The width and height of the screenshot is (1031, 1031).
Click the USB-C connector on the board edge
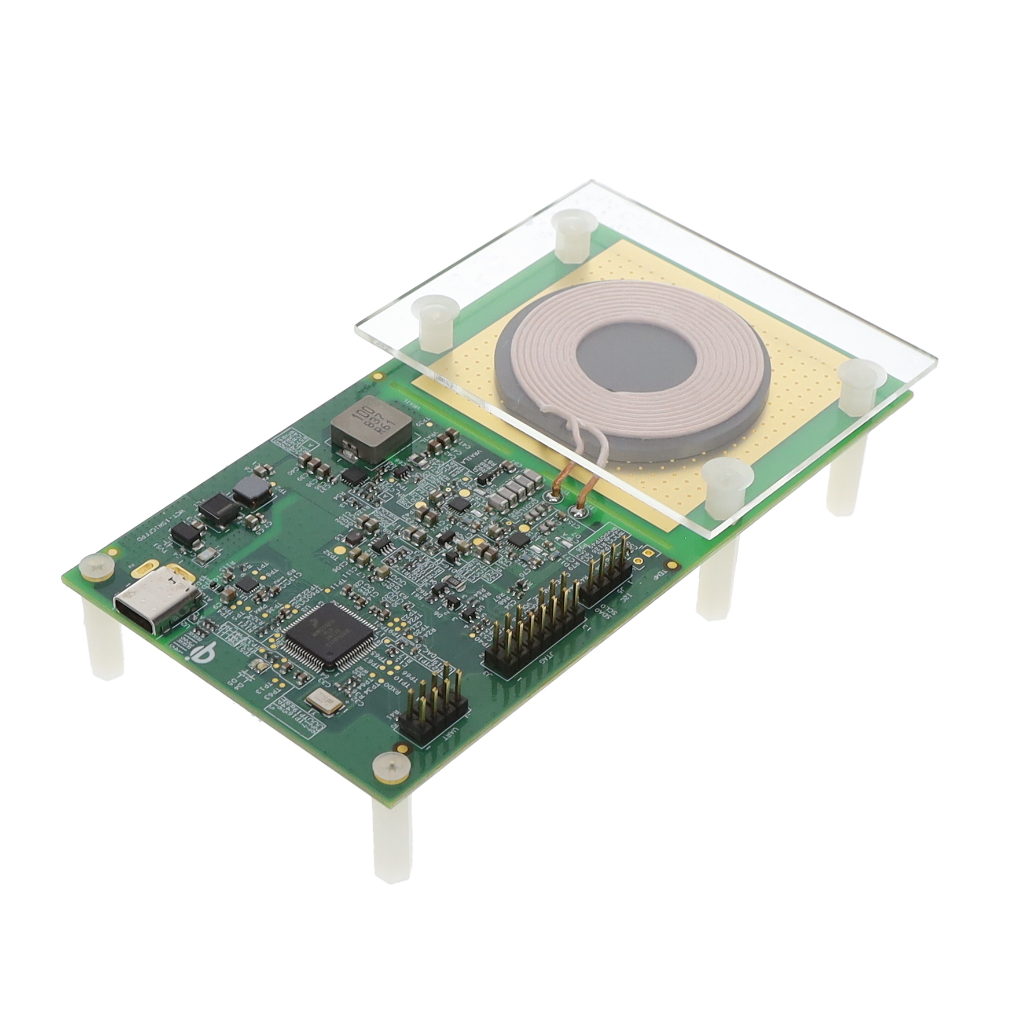pos(155,602)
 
